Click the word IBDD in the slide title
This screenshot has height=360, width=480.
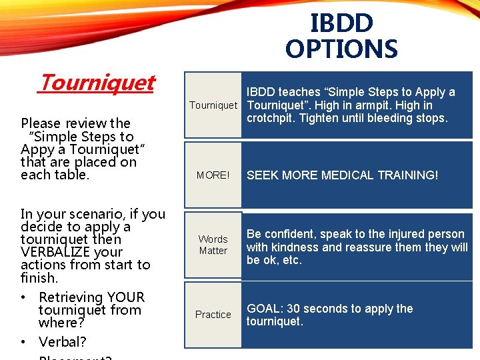coord(341,23)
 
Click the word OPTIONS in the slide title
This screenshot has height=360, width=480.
coord(341,49)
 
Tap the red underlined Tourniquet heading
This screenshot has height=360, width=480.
coord(97,83)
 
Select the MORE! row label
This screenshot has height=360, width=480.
coord(213,175)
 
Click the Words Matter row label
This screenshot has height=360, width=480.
coord(213,245)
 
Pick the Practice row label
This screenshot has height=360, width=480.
coord(213,315)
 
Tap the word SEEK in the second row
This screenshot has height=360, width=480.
coord(263,175)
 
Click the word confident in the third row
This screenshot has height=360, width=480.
coord(289,234)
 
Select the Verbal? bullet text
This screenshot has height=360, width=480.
coord(62,342)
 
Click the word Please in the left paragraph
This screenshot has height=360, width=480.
coord(39,123)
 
